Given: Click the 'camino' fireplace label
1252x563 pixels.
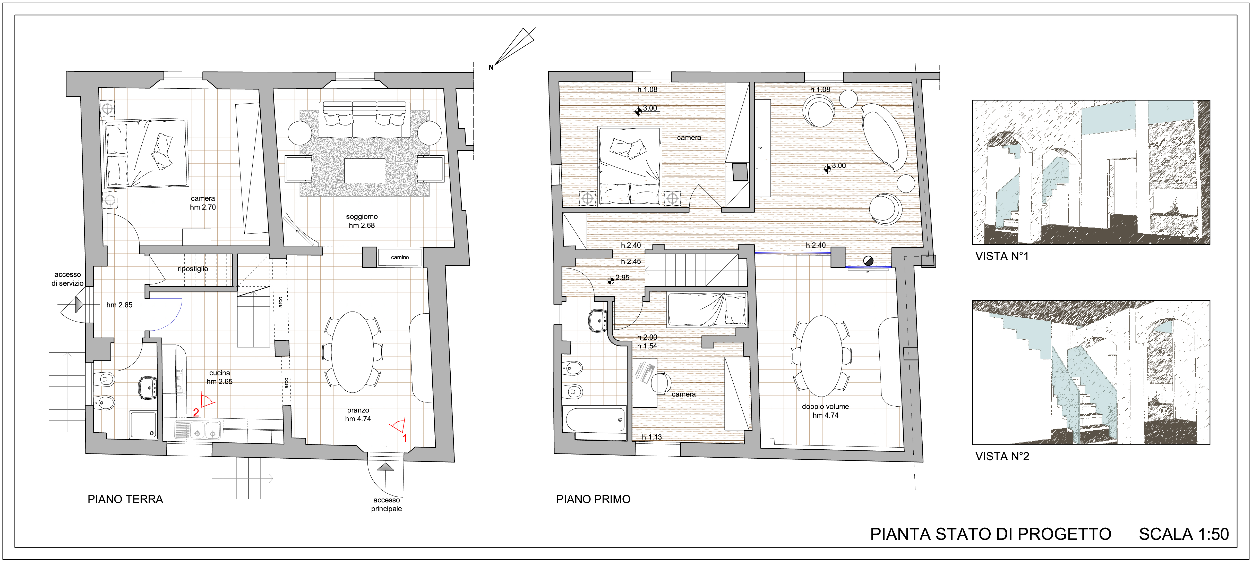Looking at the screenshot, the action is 400,257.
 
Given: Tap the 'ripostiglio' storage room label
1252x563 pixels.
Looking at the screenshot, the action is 193,269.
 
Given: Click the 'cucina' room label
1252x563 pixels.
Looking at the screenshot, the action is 220,373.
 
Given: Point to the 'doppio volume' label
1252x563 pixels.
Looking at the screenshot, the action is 825,406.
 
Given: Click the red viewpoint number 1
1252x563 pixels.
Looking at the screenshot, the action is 405,438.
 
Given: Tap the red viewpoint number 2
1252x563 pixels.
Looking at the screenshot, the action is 196,412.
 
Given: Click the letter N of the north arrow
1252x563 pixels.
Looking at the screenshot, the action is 491,68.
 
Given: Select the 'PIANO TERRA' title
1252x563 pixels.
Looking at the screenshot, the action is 125,499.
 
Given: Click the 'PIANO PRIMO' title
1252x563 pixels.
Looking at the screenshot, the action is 594,499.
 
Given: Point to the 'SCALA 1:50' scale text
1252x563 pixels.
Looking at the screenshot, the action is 1184,534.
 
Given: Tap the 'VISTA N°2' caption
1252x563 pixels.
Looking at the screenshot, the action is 1002,457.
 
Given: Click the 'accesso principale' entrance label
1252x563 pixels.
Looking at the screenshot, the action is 387,504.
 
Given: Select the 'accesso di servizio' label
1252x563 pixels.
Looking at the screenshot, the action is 67,279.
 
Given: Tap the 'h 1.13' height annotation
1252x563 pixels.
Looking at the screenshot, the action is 652,437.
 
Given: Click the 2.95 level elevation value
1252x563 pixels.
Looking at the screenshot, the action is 623,278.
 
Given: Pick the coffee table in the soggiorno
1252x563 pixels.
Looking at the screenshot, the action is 365,171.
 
